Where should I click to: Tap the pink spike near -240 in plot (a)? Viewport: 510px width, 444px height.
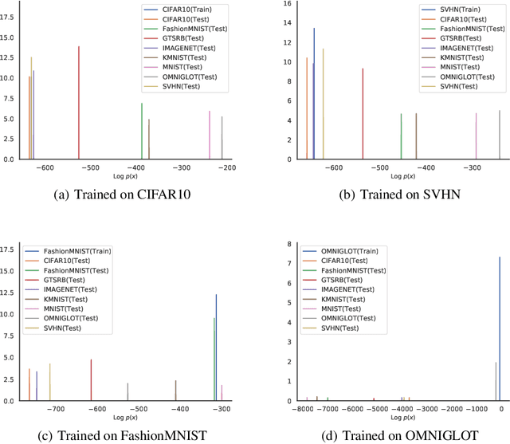click(210, 136)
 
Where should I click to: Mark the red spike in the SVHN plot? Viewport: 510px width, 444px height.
click(363, 114)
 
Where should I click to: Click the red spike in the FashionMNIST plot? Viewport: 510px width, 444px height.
click(91, 380)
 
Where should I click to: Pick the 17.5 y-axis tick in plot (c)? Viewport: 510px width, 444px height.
click(9, 250)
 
